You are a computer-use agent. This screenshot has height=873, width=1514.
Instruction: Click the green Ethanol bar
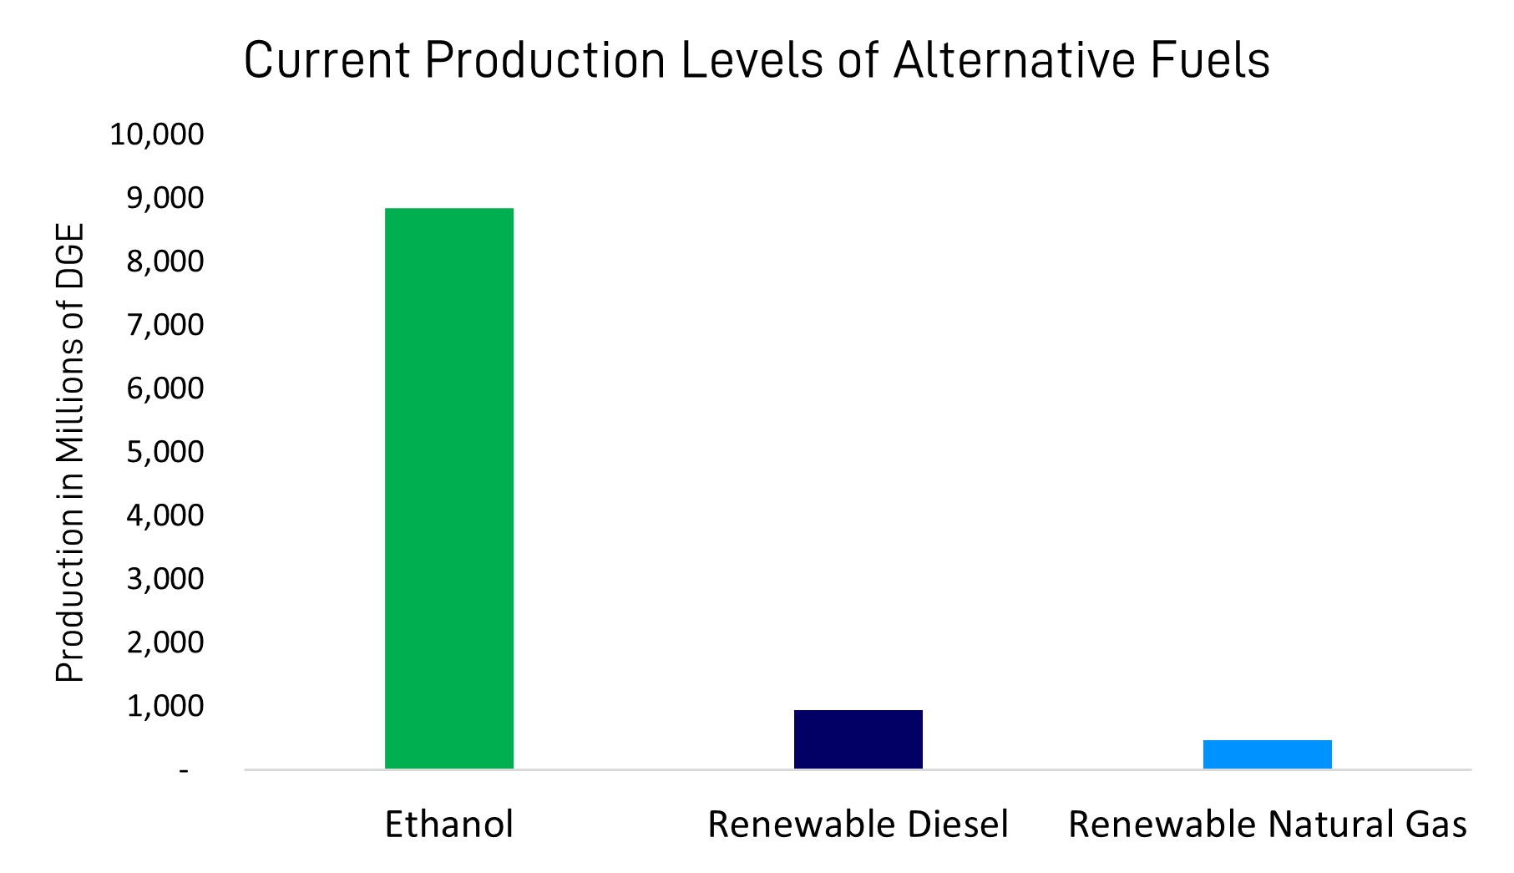tap(448, 488)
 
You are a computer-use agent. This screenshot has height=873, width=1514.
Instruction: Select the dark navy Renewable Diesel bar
tap(858, 738)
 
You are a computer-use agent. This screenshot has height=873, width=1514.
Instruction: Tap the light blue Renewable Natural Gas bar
tap(1267, 754)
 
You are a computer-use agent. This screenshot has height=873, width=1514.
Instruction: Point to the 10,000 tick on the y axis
tap(157, 134)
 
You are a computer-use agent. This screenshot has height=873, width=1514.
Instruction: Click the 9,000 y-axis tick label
tap(165, 198)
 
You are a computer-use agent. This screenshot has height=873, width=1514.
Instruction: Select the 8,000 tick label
tap(165, 261)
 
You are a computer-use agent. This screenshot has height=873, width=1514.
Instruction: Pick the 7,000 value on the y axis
tap(165, 325)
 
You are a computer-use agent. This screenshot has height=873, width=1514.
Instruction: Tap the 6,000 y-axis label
tap(165, 388)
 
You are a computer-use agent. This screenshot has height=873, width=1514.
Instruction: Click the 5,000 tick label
tap(165, 452)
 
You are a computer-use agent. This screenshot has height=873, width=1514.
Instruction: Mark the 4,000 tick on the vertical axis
tap(165, 515)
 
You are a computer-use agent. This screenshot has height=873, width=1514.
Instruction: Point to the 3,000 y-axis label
tap(165, 579)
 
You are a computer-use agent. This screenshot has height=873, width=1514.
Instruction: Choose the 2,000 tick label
tap(165, 642)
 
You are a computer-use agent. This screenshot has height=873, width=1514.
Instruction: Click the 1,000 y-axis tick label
tap(165, 706)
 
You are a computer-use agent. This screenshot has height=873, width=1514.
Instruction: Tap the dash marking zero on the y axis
tap(184, 770)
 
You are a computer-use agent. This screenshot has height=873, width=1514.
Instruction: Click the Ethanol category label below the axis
tap(448, 825)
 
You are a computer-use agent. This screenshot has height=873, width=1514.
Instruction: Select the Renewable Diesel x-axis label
tap(858, 825)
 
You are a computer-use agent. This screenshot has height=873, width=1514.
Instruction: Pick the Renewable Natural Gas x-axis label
tap(1267, 825)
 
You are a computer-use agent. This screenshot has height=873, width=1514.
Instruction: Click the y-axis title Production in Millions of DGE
tap(70, 452)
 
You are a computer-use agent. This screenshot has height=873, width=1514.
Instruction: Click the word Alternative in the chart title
tap(1014, 60)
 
